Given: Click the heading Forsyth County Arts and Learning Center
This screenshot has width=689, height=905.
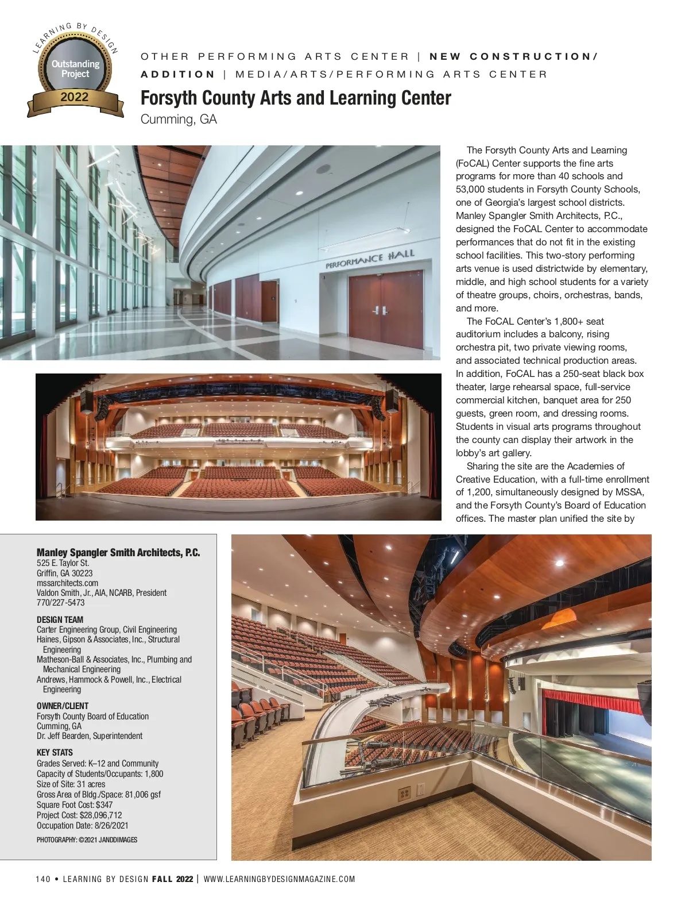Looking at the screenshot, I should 296,98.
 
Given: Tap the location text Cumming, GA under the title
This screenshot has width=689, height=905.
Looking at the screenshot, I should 179,120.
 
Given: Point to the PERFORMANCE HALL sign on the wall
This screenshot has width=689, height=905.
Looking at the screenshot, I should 370,260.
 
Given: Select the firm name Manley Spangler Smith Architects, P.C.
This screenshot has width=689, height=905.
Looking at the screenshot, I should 118,553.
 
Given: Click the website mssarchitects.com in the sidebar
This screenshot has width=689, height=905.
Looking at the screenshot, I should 67,583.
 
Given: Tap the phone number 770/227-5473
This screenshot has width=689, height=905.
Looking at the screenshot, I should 60,602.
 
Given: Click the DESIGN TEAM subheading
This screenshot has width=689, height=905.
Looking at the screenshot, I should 60,619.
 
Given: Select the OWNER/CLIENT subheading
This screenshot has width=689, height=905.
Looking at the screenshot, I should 63,706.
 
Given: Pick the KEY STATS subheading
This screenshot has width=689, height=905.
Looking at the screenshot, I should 55,752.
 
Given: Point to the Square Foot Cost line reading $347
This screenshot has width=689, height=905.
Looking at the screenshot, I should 75,804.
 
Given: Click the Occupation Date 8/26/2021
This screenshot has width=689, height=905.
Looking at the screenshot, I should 82,825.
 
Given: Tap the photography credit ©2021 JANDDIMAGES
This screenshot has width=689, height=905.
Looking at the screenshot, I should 87,839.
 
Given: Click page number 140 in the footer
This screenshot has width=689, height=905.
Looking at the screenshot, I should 43,879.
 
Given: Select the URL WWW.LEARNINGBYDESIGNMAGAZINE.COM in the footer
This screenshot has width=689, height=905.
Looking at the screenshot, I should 279,879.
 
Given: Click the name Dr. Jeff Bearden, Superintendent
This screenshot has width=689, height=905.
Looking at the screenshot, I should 90,735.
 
